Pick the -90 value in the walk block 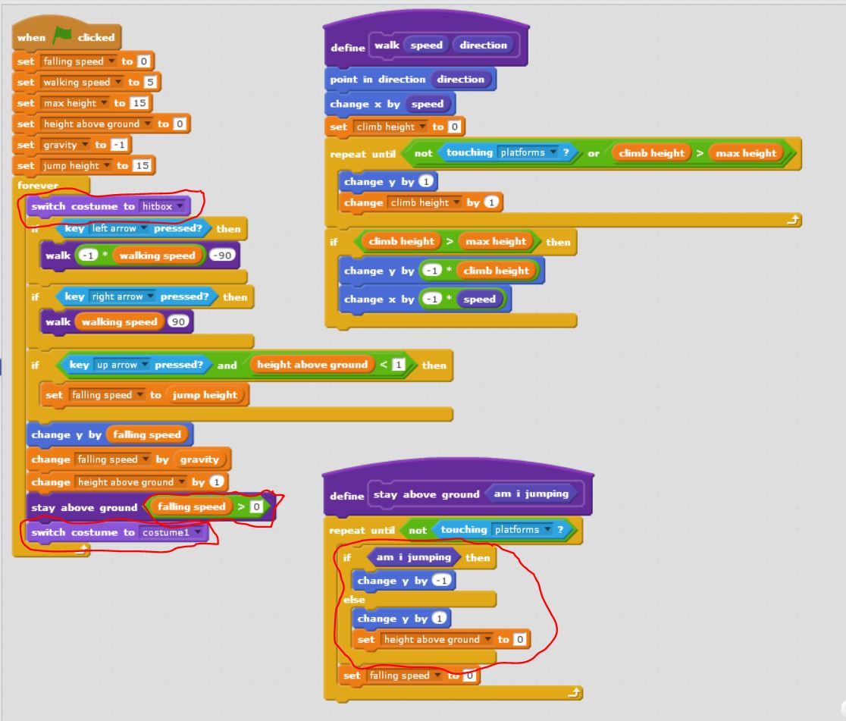[x=224, y=255]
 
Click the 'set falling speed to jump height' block [x=55, y=395]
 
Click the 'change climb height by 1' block [x=364, y=202]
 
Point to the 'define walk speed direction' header [x=349, y=45]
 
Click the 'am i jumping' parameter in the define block [x=531, y=494]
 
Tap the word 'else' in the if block [x=354, y=600]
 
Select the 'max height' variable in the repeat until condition [x=746, y=153]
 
